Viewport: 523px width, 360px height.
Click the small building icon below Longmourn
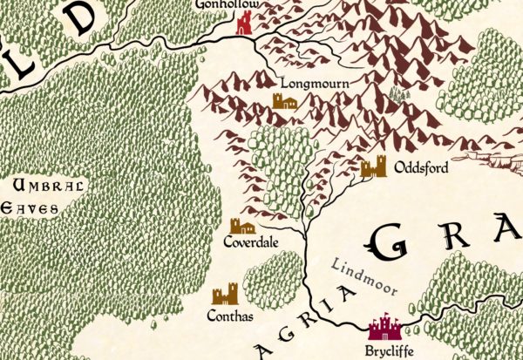click(285, 103)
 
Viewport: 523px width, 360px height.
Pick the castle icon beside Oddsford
click(373, 166)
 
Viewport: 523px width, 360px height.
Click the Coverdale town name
click(250, 241)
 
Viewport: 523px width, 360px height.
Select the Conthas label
click(232, 316)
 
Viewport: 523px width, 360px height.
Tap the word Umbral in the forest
click(51, 185)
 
